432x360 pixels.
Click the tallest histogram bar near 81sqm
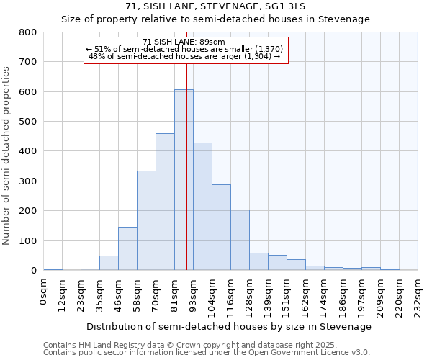click(x=184, y=180)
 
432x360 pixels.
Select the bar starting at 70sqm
click(x=165, y=202)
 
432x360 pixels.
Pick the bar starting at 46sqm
click(x=127, y=248)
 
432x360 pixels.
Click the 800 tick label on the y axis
click(x=27, y=32)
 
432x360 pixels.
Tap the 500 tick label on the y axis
click(x=27, y=122)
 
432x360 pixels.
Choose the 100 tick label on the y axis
click(x=27, y=241)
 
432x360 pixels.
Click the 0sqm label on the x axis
click(x=44, y=292)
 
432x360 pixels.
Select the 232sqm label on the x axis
click(x=418, y=295)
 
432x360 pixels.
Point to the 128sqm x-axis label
click(x=250, y=295)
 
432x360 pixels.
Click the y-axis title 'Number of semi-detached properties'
click(x=7, y=156)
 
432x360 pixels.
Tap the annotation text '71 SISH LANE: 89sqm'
click(x=184, y=42)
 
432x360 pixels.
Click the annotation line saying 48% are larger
click(x=184, y=56)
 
